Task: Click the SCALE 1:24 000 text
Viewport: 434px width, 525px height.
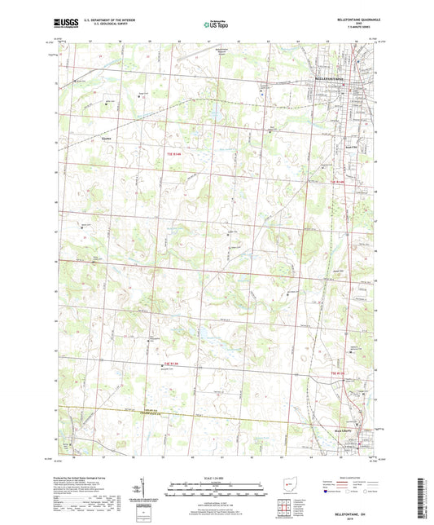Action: coord(216,476)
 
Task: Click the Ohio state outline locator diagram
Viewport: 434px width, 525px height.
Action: coord(285,485)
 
